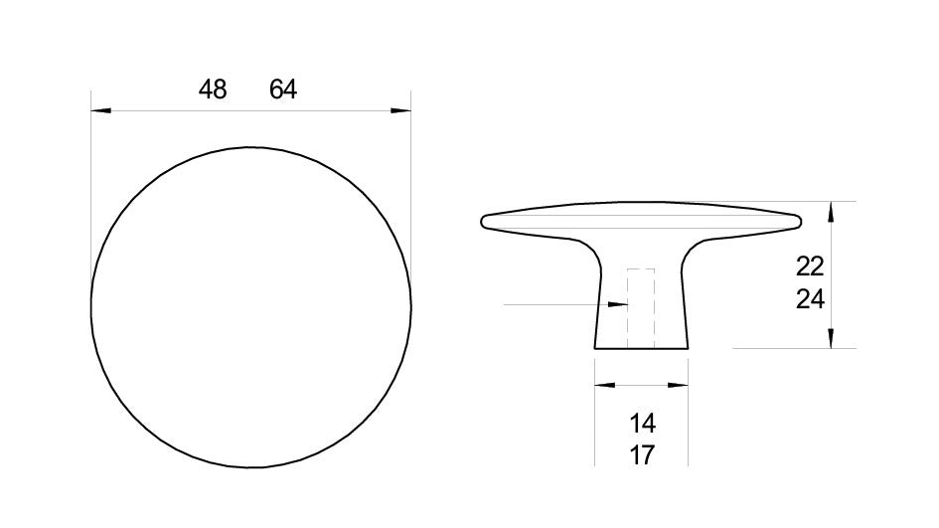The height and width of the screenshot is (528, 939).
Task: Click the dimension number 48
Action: pos(213,89)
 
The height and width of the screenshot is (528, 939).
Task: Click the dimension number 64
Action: pos(283,89)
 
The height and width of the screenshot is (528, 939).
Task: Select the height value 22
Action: pos(810,266)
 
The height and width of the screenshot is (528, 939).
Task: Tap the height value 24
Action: pos(810,299)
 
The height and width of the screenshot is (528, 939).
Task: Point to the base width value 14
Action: pos(643,424)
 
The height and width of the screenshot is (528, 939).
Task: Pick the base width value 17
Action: pos(643,456)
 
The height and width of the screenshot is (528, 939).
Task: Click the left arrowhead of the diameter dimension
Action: pos(100,111)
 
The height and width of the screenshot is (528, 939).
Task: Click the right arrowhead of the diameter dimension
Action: pos(401,111)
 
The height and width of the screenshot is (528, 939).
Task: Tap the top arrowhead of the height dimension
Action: pos(831,212)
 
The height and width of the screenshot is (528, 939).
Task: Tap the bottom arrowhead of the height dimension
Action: pos(831,337)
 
